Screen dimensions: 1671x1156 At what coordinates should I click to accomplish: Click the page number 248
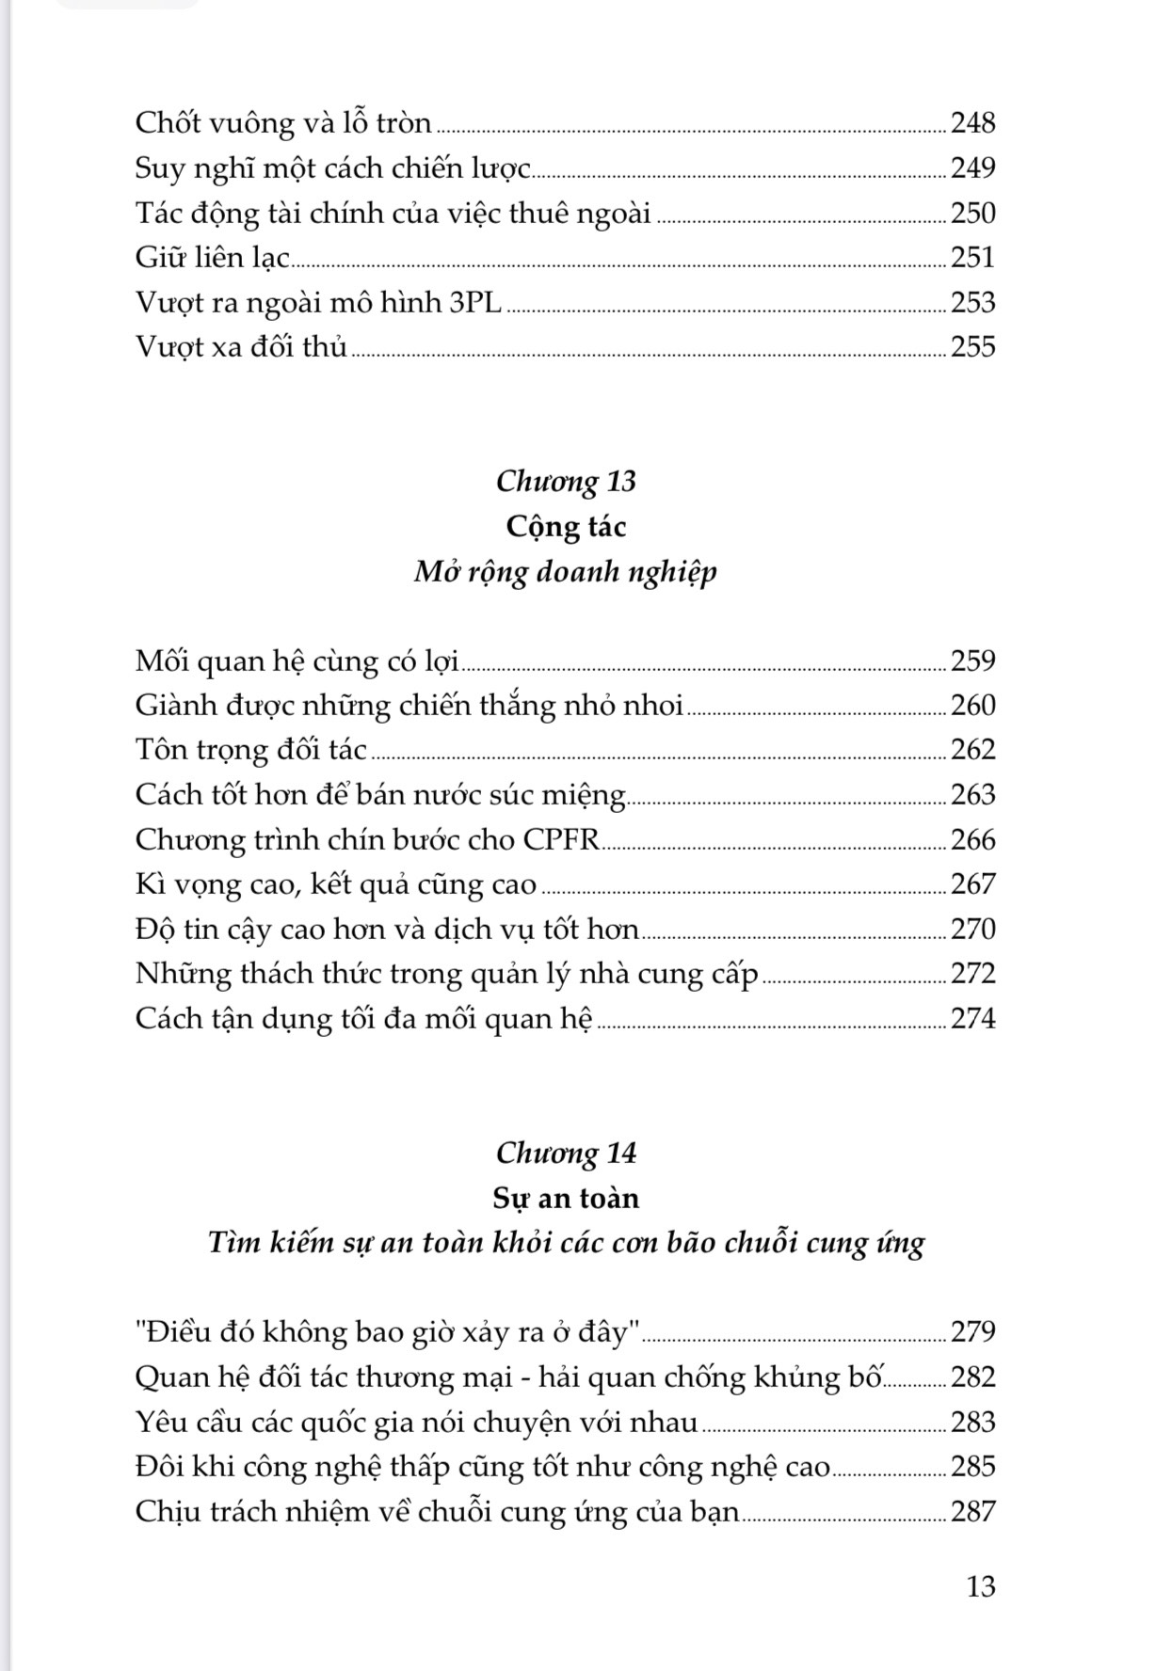pyautogui.click(x=972, y=123)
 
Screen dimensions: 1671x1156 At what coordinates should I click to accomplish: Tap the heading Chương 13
pyautogui.click(x=566, y=482)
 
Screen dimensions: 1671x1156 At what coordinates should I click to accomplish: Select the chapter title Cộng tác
pyautogui.click(x=566, y=526)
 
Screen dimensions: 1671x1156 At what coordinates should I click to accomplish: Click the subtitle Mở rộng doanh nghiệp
pyautogui.click(x=566, y=571)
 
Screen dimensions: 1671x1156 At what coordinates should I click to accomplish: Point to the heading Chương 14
pyautogui.click(x=566, y=1154)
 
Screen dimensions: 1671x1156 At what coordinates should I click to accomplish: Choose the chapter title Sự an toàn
pyautogui.click(x=566, y=1198)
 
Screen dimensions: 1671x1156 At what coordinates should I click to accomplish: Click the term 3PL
pyautogui.click(x=476, y=302)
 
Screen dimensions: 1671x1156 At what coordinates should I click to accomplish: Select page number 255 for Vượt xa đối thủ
pyautogui.click(x=972, y=347)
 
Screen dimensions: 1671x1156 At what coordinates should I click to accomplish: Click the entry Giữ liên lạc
pyautogui.click(x=213, y=258)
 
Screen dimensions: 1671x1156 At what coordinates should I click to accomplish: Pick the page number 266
pyautogui.click(x=972, y=839)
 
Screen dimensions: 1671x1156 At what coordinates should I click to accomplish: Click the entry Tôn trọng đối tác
pyautogui.click(x=250, y=750)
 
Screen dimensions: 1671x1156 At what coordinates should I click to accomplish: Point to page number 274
pyautogui.click(x=972, y=1018)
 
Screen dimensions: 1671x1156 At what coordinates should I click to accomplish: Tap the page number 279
pyautogui.click(x=972, y=1332)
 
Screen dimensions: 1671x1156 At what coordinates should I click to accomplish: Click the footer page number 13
pyautogui.click(x=980, y=1586)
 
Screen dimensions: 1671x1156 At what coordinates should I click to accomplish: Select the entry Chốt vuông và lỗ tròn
pyautogui.click(x=283, y=123)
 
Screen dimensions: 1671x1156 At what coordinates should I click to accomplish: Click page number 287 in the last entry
pyautogui.click(x=972, y=1511)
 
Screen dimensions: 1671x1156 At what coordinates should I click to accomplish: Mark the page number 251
pyautogui.click(x=972, y=258)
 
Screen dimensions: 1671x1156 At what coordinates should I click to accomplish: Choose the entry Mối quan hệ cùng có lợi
pyautogui.click(x=297, y=660)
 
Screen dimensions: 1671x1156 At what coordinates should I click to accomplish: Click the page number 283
pyautogui.click(x=972, y=1422)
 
